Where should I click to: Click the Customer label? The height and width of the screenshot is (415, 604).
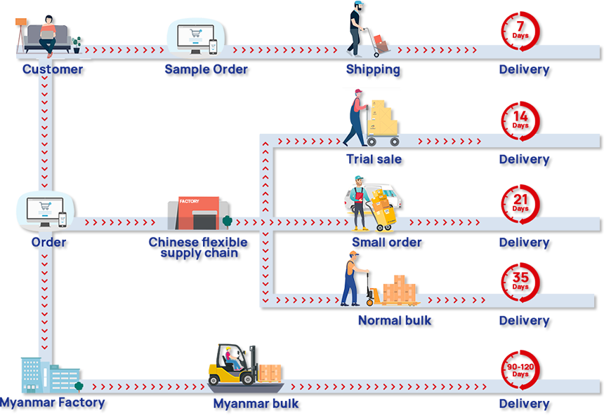[x=53, y=69]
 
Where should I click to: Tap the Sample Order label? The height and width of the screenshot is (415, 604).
[x=206, y=69]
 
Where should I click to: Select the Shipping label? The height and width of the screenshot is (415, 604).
[x=373, y=69]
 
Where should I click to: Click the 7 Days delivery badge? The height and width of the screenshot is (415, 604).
[x=520, y=29]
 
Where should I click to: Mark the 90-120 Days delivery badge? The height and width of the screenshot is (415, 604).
[x=520, y=367]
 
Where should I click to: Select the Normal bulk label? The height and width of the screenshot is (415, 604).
[x=395, y=321]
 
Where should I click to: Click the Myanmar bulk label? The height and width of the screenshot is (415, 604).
[x=256, y=404]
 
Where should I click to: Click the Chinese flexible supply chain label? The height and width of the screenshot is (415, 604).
[x=199, y=247]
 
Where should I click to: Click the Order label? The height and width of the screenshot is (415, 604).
[x=49, y=243]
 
